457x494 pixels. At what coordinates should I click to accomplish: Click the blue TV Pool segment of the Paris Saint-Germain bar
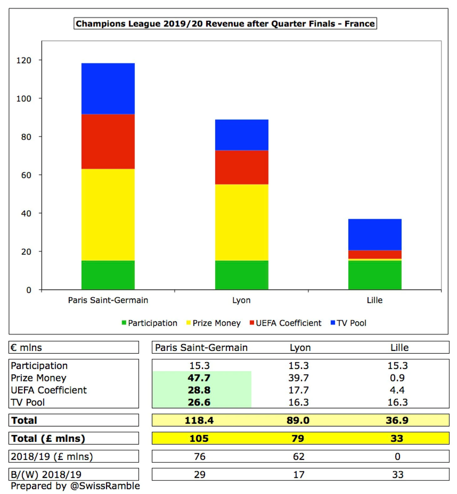[x=108, y=88]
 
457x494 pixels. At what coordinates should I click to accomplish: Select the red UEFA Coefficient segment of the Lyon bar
[x=241, y=167]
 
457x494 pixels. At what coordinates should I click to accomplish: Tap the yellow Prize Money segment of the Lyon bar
[x=241, y=222]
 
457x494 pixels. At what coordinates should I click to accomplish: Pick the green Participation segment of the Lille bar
[x=375, y=275]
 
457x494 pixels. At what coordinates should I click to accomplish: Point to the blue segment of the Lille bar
[x=375, y=234]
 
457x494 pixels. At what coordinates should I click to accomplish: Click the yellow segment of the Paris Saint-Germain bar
[x=108, y=214]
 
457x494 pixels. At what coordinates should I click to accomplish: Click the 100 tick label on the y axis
[x=24, y=99]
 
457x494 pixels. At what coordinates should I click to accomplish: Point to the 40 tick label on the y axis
[x=26, y=213]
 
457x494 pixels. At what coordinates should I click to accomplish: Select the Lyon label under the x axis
[x=241, y=300]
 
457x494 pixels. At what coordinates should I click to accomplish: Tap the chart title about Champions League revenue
[x=225, y=24]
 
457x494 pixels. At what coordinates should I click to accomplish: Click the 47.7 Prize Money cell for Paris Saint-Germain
[x=199, y=378]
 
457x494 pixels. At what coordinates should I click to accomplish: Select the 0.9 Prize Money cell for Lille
[x=397, y=378]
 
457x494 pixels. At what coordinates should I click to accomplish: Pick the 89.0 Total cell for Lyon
[x=298, y=420]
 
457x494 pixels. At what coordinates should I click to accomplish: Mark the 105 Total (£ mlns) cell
[x=199, y=438]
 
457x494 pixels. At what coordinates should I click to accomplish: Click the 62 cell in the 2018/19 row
[x=299, y=457]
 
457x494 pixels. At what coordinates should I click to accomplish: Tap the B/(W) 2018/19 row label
[x=46, y=475]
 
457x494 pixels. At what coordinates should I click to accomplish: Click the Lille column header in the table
[x=399, y=347]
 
